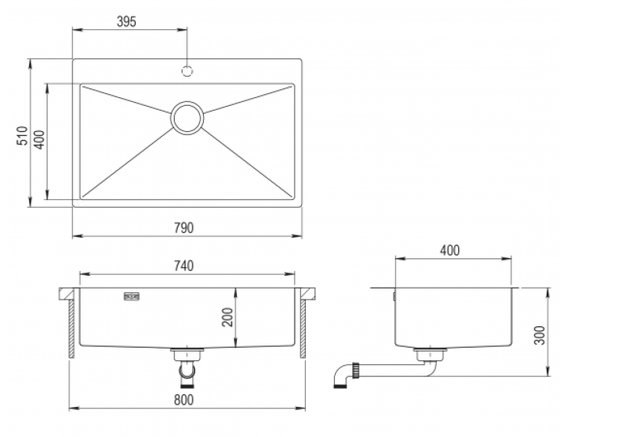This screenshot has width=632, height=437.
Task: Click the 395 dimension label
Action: (126, 21)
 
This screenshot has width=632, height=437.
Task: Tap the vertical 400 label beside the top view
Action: (39, 139)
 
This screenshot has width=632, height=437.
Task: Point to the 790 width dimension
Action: (184, 228)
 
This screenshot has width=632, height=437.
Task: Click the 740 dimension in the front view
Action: (183, 266)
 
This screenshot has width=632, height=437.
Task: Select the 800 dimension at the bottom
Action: (183, 400)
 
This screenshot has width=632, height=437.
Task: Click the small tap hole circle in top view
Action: (188, 70)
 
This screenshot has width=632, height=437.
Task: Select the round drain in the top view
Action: (188, 118)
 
